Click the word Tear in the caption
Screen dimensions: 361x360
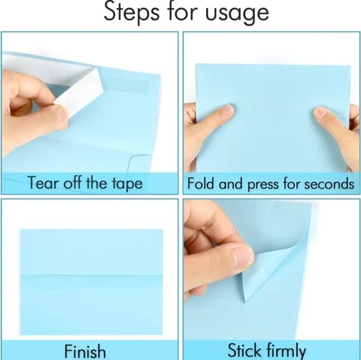point(43,183)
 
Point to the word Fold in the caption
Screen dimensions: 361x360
point(200,183)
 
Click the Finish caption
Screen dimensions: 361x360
point(85,351)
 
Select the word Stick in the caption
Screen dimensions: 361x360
point(245,350)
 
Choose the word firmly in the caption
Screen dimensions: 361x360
point(286,351)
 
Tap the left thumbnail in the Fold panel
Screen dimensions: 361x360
point(226,111)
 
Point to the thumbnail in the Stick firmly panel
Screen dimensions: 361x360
point(242,258)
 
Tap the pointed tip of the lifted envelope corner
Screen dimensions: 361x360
point(245,302)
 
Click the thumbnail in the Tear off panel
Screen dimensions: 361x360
point(62,114)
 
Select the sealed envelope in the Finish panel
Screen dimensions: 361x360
point(91,282)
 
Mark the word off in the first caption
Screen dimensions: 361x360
point(72,183)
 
